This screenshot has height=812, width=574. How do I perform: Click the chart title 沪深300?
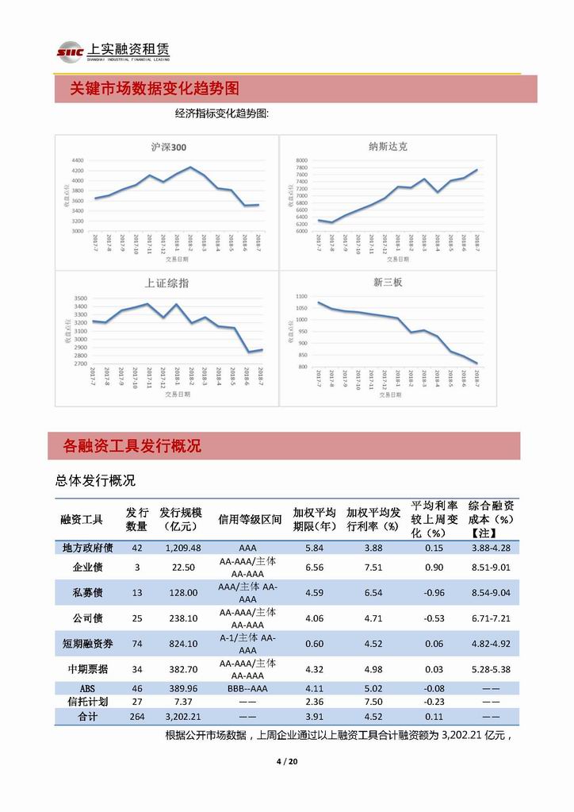point(169,147)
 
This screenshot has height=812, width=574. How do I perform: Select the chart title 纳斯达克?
point(388,147)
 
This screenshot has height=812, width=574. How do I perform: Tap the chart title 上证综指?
point(166,283)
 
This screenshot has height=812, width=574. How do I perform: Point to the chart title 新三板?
point(388,283)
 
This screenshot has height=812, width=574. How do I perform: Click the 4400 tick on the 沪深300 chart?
point(77,160)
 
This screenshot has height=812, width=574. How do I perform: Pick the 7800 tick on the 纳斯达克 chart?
point(301,160)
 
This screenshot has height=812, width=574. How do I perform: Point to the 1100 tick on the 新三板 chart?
point(300,296)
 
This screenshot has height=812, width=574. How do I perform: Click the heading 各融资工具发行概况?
point(132,446)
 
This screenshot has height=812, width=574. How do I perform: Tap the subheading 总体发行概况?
point(95,480)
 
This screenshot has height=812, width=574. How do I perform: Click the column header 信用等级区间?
point(250,519)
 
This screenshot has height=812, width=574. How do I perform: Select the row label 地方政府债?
point(88,548)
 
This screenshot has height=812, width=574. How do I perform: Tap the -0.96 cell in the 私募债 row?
point(434,593)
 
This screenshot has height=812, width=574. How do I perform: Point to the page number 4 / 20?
point(286,763)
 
